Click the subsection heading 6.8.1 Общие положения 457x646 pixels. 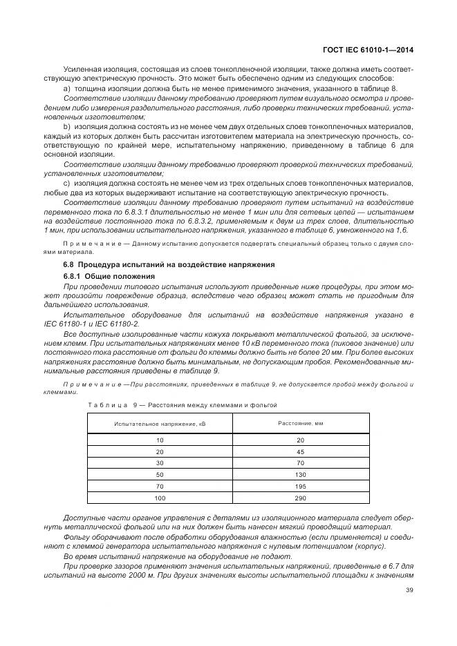[109, 276]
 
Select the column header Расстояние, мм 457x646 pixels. [300, 422]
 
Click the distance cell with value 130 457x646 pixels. [300, 474]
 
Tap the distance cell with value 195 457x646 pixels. [300, 486]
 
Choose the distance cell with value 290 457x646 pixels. [300, 498]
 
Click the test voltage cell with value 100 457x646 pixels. [160, 498]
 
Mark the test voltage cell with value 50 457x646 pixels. [160, 474]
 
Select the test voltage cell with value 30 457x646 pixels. [160, 462]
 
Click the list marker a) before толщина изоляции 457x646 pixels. [67, 89]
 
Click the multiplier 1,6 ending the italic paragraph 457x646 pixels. [401, 229]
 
